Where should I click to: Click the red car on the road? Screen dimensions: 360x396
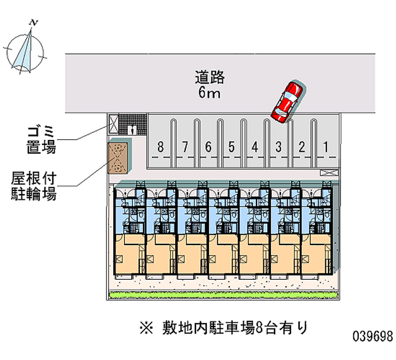click(287, 102)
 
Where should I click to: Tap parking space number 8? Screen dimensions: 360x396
click(159, 147)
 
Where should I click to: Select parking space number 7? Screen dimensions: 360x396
click(184, 147)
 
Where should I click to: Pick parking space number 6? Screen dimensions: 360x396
click(208, 147)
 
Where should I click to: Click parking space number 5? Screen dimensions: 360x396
click(231, 147)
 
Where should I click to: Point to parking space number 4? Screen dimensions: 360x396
click(255, 147)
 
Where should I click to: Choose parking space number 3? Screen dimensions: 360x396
click(279, 147)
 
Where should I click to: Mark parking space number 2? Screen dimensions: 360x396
click(302, 147)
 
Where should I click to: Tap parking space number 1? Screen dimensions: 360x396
click(326, 147)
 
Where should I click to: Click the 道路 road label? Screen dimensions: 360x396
click(210, 77)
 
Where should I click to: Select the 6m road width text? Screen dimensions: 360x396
click(210, 93)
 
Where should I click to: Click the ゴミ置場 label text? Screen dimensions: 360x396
click(42, 139)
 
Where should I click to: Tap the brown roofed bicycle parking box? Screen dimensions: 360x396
click(118, 157)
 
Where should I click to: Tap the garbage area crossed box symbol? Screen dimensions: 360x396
click(113, 124)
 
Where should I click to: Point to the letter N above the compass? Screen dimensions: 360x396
click(34, 22)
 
